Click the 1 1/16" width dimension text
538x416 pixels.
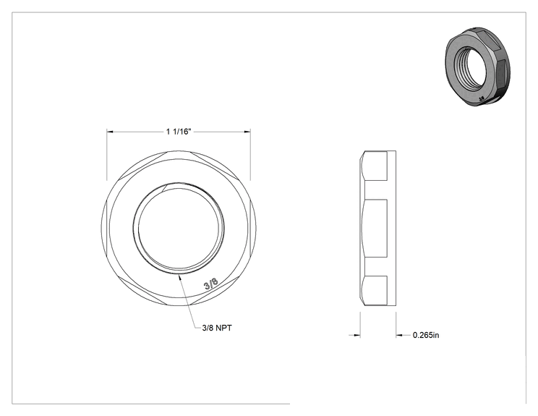pyautogui.click(x=179, y=132)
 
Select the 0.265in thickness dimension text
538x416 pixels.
pyautogui.click(x=426, y=335)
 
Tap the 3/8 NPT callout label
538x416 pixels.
pyautogui.click(x=217, y=328)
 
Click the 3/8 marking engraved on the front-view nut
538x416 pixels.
pyautogui.click(x=210, y=284)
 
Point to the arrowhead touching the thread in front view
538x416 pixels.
pyautogui.click(x=179, y=278)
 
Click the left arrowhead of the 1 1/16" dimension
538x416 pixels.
pyautogui.click(x=110, y=132)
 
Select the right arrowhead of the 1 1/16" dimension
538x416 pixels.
pyautogui.click(x=247, y=132)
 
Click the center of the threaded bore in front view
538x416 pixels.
pyautogui.click(x=179, y=228)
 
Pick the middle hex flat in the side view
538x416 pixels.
pyautogui.click(x=375, y=228)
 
